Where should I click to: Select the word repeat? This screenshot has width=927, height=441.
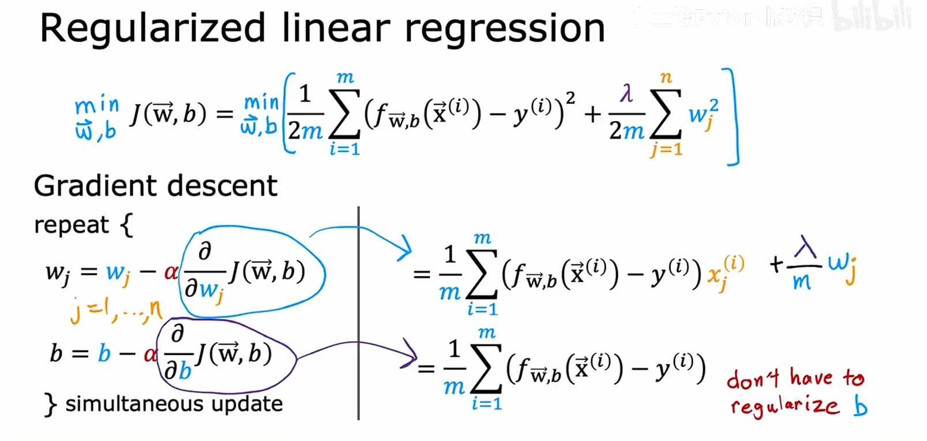(x=71, y=225)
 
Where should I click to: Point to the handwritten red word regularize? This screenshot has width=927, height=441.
(x=785, y=405)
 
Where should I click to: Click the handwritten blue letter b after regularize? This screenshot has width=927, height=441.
(x=861, y=406)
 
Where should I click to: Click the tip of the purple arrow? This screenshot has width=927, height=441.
(x=415, y=358)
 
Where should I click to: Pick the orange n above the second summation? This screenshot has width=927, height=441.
(x=666, y=77)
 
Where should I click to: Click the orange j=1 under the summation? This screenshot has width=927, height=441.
(x=666, y=150)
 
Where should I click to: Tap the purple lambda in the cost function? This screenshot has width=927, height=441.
(x=626, y=94)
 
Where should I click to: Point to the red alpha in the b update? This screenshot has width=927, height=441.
(x=150, y=354)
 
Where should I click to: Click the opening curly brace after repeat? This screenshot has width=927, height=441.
(x=126, y=225)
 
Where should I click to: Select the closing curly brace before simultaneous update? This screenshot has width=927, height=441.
(x=50, y=405)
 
